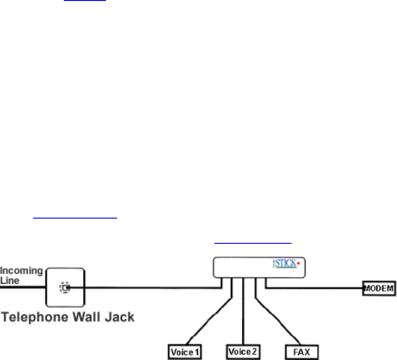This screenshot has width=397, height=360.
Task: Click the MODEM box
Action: tap(379, 288)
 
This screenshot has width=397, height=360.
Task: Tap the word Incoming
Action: tap(22, 271)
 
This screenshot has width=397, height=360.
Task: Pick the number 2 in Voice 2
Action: tap(257, 352)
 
